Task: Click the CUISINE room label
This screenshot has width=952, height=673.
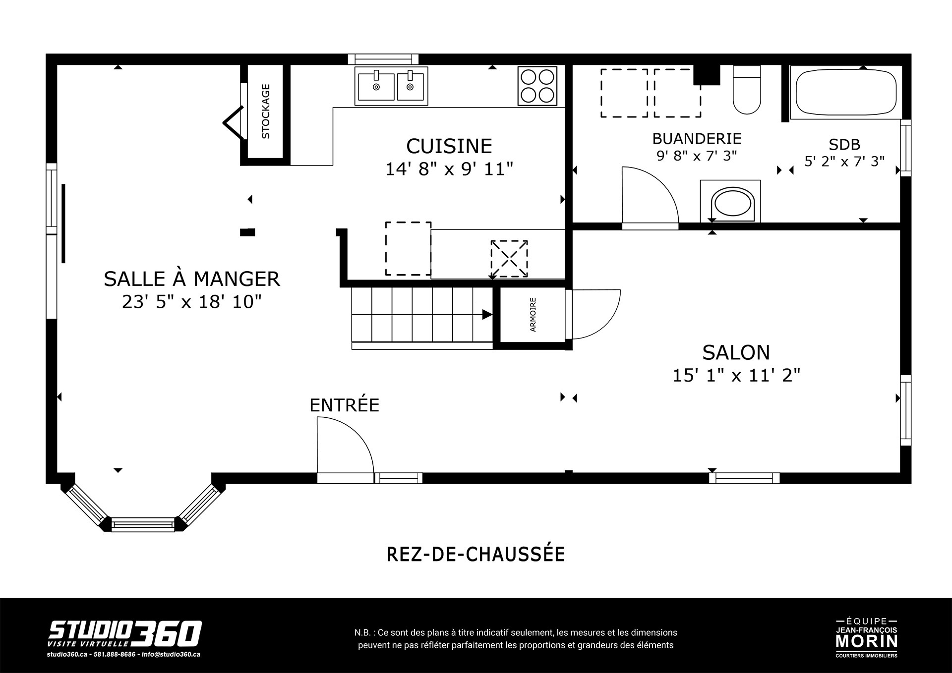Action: pyautogui.click(x=449, y=146)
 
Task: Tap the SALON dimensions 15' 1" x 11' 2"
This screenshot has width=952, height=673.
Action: pyautogui.click(x=736, y=375)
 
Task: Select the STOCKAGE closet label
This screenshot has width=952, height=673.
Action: pyautogui.click(x=266, y=112)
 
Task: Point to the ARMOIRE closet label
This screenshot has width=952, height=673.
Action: pyautogui.click(x=533, y=315)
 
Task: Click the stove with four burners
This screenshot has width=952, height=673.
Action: pyautogui.click(x=537, y=86)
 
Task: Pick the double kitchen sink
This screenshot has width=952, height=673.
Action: pyautogui.click(x=392, y=86)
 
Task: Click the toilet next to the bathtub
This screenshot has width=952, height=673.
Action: pyautogui.click(x=747, y=90)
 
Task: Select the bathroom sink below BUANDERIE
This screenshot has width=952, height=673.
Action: pyautogui.click(x=730, y=202)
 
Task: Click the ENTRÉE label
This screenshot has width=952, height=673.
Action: pyautogui.click(x=345, y=405)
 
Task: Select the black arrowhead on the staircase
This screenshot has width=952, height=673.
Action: pyautogui.click(x=487, y=315)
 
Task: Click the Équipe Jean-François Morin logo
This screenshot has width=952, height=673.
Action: pyautogui.click(x=867, y=638)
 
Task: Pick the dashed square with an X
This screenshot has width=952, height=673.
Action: pyautogui.click(x=509, y=259)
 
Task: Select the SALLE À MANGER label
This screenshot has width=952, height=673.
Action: pyautogui.click(x=192, y=279)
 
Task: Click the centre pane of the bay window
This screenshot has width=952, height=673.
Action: pyautogui.click(x=143, y=524)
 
